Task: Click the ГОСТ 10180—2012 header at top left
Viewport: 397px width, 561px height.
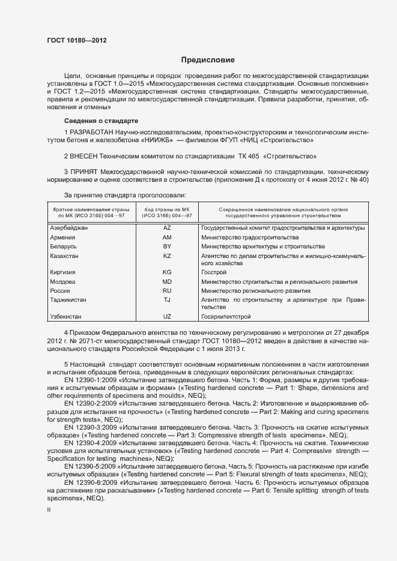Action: [76, 40]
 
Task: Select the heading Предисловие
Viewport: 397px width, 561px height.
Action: [208, 60]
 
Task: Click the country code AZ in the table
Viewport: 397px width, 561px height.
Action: [167, 228]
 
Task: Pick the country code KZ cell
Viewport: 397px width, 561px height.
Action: [167, 256]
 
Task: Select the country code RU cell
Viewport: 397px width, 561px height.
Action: [167, 290]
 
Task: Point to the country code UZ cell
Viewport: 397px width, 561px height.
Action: [167, 316]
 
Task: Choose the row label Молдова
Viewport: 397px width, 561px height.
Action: [62, 281]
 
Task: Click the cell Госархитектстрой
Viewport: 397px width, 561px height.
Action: [226, 316]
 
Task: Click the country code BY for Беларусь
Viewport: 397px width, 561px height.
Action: [167, 246]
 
